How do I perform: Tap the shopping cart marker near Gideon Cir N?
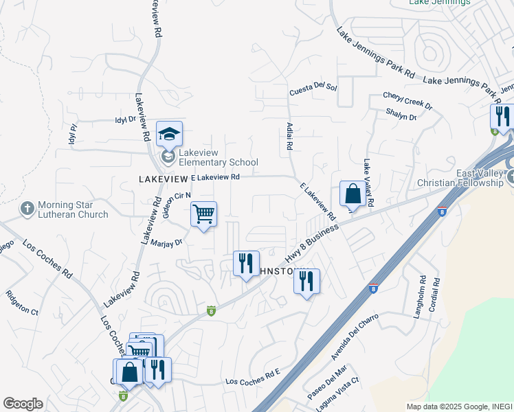click(203, 215)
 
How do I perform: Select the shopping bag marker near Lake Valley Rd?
click(353, 194)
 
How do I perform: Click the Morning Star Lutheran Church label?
click(73, 209)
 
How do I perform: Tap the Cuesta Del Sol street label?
click(313, 88)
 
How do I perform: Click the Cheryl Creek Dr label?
click(407, 101)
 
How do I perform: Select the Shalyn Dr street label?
click(401, 116)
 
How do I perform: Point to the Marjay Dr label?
click(168, 242)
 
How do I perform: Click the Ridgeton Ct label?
click(22, 305)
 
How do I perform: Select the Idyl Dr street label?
click(126, 119)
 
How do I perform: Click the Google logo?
click(23, 404)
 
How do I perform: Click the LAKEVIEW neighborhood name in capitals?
click(164, 178)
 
